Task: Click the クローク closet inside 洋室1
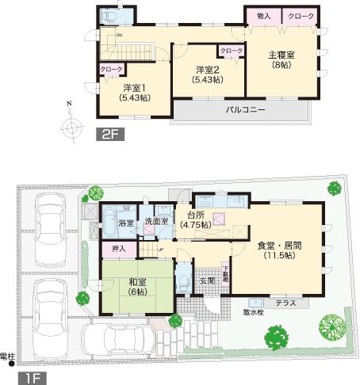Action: point(110,70)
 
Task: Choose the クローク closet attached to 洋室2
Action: point(231,51)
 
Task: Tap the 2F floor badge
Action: point(109,135)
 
